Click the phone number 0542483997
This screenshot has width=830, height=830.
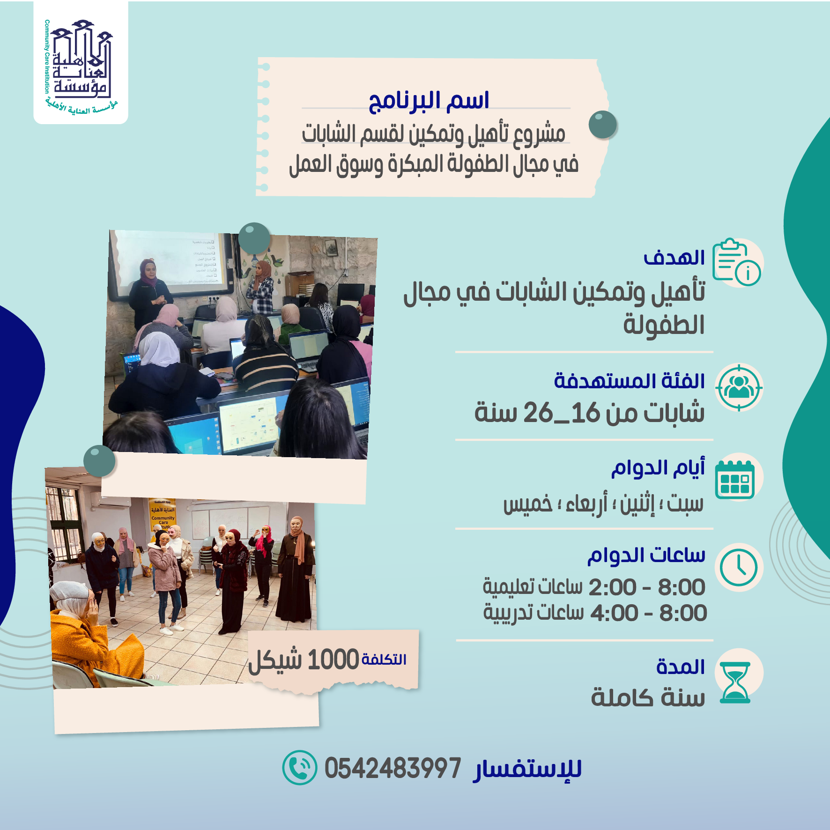pyautogui.click(x=393, y=769)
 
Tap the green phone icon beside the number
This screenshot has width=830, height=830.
pyautogui.click(x=300, y=768)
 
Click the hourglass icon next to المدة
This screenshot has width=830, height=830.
pyautogui.click(x=735, y=682)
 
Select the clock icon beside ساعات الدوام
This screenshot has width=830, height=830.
pyautogui.click(x=739, y=567)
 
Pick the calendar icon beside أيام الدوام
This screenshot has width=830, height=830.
pyautogui.click(x=735, y=479)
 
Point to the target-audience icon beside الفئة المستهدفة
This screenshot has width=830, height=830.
pyautogui.click(x=739, y=388)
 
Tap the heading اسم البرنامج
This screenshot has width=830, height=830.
pyautogui.click(x=429, y=101)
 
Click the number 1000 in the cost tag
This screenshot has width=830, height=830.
pyautogui.click(x=333, y=660)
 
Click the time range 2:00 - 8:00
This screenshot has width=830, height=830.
pyautogui.click(x=646, y=587)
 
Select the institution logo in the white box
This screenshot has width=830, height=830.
pyautogui.click(x=81, y=63)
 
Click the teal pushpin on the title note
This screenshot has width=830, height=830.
pyautogui.click(x=603, y=125)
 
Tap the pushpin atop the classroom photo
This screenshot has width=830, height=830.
pyautogui.click(x=254, y=238)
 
